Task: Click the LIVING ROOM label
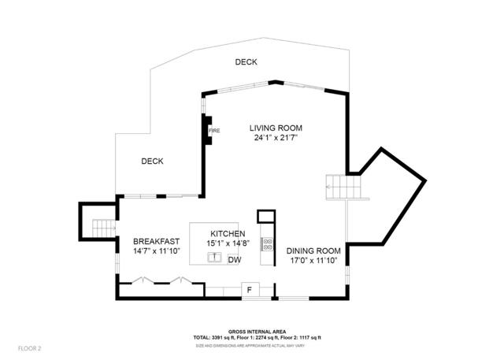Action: pyautogui.click(x=276, y=128)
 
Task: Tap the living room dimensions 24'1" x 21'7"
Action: pyautogui.click(x=276, y=138)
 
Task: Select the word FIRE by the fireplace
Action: pyautogui.click(x=213, y=129)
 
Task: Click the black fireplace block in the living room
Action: pyautogui.click(x=206, y=129)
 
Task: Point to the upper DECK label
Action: pyautogui.click(x=246, y=62)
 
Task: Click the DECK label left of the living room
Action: pyautogui.click(x=152, y=161)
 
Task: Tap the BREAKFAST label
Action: pyautogui.click(x=156, y=242)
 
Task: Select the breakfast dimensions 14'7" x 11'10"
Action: pyautogui.click(x=156, y=251)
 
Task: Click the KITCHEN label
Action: pyautogui.click(x=228, y=234)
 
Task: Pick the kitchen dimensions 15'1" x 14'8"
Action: pyautogui.click(x=228, y=243)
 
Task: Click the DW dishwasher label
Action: pyautogui.click(x=234, y=259)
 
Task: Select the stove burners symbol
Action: pyautogui.click(x=267, y=244)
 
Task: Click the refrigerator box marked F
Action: pyautogui.click(x=250, y=290)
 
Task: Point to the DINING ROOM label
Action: pyautogui.click(x=313, y=251)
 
